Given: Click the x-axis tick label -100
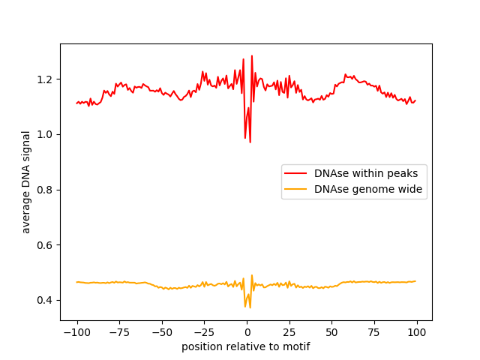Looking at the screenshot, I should (x=76, y=332).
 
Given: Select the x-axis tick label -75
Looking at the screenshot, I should (x=119, y=332).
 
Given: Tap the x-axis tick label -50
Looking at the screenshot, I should (x=162, y=332).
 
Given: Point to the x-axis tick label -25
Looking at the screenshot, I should (x=204, y=332).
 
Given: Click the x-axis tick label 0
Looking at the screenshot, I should (x=247, y=332).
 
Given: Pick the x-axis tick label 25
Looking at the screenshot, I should (x=289, y=332).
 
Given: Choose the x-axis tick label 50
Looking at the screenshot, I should (x=332, y=332).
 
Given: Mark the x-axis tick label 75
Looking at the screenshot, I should (x=374, y=332).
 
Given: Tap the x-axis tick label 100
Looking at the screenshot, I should (x=417, y=332).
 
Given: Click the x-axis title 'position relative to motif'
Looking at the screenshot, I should (x=246, y=346).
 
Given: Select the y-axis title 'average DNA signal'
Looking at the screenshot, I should (x=26, y=181).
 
